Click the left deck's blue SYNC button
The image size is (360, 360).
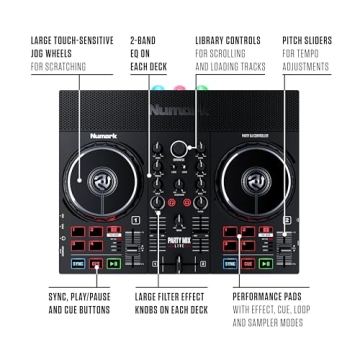[x=76, y=265]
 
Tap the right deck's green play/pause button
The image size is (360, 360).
[x=266, y=265]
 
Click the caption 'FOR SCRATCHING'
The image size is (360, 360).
[x=58, y=67]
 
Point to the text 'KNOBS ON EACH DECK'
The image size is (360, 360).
[x=170, y=310]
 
